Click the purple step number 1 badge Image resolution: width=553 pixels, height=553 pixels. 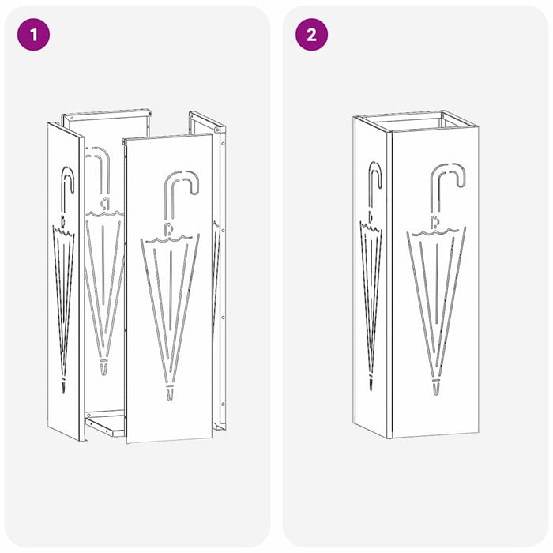click(x=33, y=35)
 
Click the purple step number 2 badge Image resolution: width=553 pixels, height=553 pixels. click(x=311, y=35)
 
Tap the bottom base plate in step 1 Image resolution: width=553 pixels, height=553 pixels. click(x=106, y=425)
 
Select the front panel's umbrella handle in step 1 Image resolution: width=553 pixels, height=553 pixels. click(x=181, y=194)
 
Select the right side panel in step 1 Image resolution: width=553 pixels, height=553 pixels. click(x=219, y=269)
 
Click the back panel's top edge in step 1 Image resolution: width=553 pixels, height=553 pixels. click(x=106, y=114)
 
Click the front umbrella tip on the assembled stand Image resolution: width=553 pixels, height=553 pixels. click(x=435, y=386)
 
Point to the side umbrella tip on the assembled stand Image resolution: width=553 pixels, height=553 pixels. click(x=371, y=382)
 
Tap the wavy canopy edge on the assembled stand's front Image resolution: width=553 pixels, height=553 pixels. click(x=436, y=231)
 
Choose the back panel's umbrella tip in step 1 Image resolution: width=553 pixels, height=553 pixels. click(x=103, y=367)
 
